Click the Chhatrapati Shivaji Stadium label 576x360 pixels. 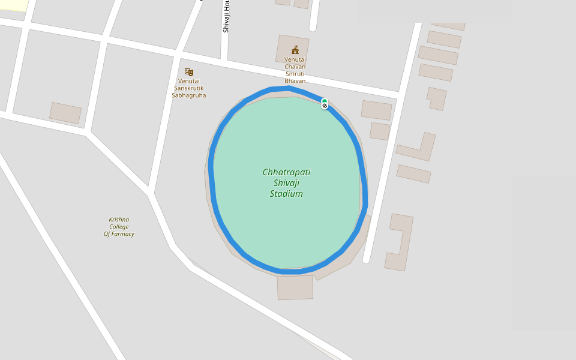click(x=286, y=183)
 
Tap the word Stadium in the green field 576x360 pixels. click(x=286, y=194)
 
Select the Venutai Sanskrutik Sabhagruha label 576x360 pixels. click(x=188, y=88)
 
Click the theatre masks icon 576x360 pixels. click(x=188, y=72)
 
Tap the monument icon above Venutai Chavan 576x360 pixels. click(x=295, y=50)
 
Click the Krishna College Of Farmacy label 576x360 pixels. click(x=119, y=227)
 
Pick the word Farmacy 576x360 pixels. click(x=123, y=234)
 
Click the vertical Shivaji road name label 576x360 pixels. click(x=226, y=17)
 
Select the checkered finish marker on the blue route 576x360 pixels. click(x=325, y=106)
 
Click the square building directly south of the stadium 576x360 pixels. click(x=295, y=287)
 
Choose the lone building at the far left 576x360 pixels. click(x=65, y=113)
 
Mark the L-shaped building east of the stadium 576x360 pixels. click(x=419, y=148)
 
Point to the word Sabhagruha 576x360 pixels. click(x=188, y=95)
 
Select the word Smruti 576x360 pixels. click(x=295, y=74)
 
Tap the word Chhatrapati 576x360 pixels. click(x=286, y=172)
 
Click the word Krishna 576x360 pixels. click(x=119, y=220)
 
